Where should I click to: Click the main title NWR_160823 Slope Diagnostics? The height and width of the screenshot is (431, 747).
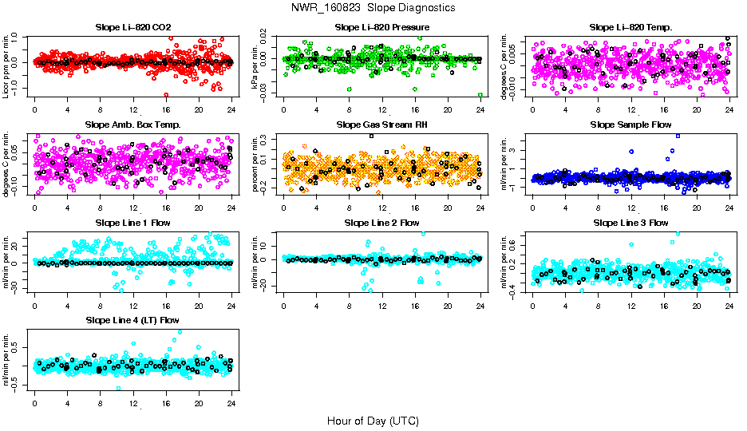point(373,7)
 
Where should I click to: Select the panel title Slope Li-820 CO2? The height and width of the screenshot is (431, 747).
point(132,27)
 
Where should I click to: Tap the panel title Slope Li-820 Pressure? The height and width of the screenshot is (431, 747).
point(381,27)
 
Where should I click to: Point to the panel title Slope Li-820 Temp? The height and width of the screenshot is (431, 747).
point(630,27)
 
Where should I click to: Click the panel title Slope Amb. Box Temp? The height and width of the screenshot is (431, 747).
point(132,125)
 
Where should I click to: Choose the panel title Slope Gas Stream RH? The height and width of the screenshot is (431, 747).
point(381,125)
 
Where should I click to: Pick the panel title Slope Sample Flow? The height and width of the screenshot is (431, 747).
point(630,125)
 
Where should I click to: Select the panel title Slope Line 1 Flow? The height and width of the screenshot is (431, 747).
point(132,222)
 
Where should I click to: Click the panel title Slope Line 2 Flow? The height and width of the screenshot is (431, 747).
point(381,222)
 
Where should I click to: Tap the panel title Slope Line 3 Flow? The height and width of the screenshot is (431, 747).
point(630,222)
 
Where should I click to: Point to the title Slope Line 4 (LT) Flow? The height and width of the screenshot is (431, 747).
point(132,320)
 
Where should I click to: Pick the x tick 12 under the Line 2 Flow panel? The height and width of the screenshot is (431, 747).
point(382,305)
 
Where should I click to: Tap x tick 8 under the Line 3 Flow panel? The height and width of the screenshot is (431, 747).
point(599,305)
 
